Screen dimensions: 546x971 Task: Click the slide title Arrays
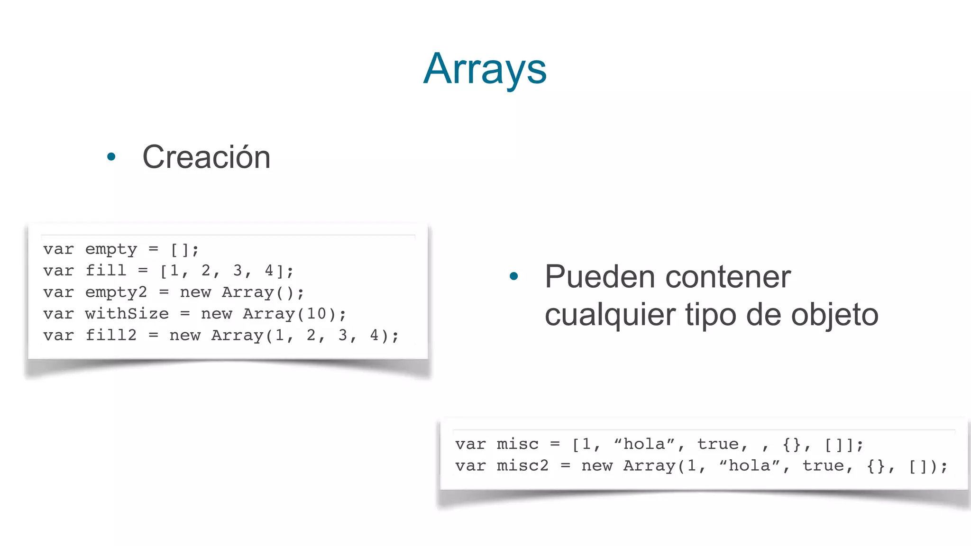[x=485, y=69]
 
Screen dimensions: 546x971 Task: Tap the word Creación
[x=206, y=157]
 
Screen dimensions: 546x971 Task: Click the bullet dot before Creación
[x=111, y=157]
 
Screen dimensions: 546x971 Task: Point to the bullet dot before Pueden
[x=513, y=276]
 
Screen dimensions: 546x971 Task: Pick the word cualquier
[x=610, y=315]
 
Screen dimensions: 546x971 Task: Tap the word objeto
[x=834, y=315]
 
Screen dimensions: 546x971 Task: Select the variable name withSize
[x=127, y=314]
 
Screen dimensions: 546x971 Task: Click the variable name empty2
[x=116, y=292]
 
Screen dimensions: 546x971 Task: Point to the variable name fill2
[x=111, y=336]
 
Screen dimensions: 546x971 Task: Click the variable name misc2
[x=522, y=466]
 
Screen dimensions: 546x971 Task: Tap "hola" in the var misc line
[x=644, y=444]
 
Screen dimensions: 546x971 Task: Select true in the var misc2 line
[x=823, y=466]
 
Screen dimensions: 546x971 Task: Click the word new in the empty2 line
[x=195, y=292]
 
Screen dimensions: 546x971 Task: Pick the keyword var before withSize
[x=58, y=314]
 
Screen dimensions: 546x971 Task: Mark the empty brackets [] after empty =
[x=180, y=249]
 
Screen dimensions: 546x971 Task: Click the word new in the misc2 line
[x=597, y=466]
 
